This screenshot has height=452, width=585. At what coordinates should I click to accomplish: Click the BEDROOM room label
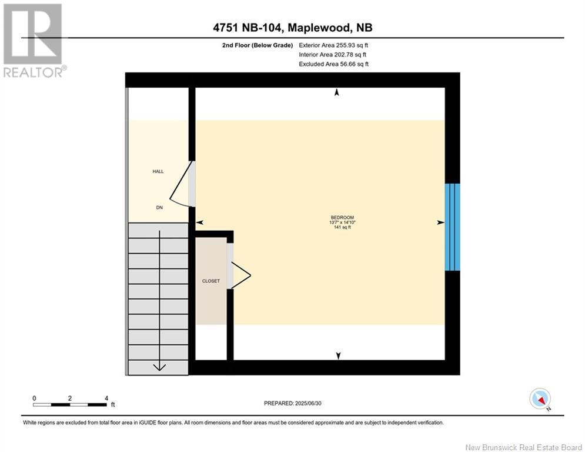tap(343, 217)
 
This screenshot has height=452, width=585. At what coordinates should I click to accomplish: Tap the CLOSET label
tap(210, 281)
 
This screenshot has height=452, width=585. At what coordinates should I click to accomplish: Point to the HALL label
tap(158, 171)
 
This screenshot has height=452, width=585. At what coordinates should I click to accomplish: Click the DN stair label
tap(159, 207)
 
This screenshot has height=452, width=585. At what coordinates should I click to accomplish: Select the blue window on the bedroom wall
tap(452, 227)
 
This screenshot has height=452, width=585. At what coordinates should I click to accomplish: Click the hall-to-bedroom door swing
tap(183, 185)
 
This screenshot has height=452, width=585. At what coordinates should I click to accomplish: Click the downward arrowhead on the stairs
tap(159, 367)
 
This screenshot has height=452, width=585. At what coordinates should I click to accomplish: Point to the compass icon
tap(540, 398)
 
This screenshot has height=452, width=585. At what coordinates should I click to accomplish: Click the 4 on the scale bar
tap(106, 398)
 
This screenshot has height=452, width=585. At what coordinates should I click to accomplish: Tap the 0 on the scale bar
tap(35, 398)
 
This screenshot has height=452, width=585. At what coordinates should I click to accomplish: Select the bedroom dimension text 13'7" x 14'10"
tap(343, 222)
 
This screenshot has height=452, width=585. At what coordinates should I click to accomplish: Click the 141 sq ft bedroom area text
tap(343, 227)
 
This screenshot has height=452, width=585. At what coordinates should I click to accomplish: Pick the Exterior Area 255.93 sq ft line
tap(333, 45)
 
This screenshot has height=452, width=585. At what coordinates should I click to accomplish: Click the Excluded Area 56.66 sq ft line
tap(333, 64)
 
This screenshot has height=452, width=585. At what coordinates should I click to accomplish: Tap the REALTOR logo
tap(34, 40)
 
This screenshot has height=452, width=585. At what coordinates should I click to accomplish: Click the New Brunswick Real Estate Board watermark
tap(523, 447)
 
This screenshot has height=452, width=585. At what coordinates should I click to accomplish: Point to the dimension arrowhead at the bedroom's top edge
tap(336, 92)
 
